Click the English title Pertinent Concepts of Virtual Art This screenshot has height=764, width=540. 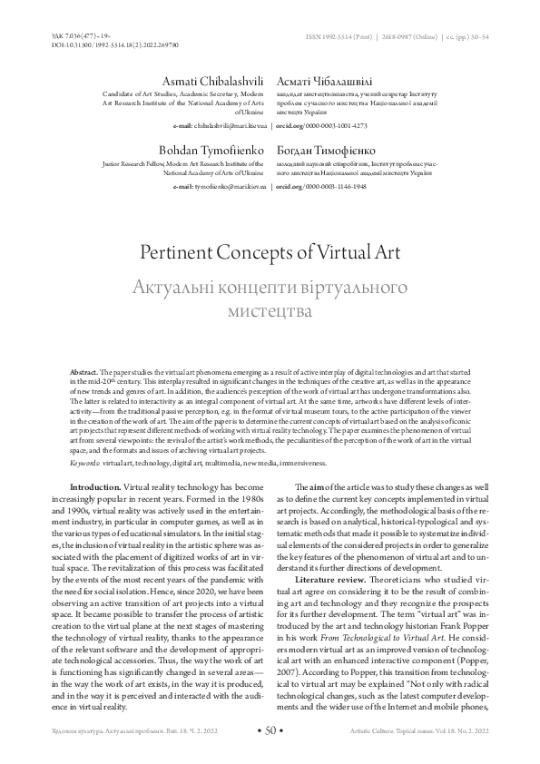point(270,250)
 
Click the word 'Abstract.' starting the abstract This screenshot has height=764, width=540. point(85,374)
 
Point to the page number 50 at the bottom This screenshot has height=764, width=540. point(270,730)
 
